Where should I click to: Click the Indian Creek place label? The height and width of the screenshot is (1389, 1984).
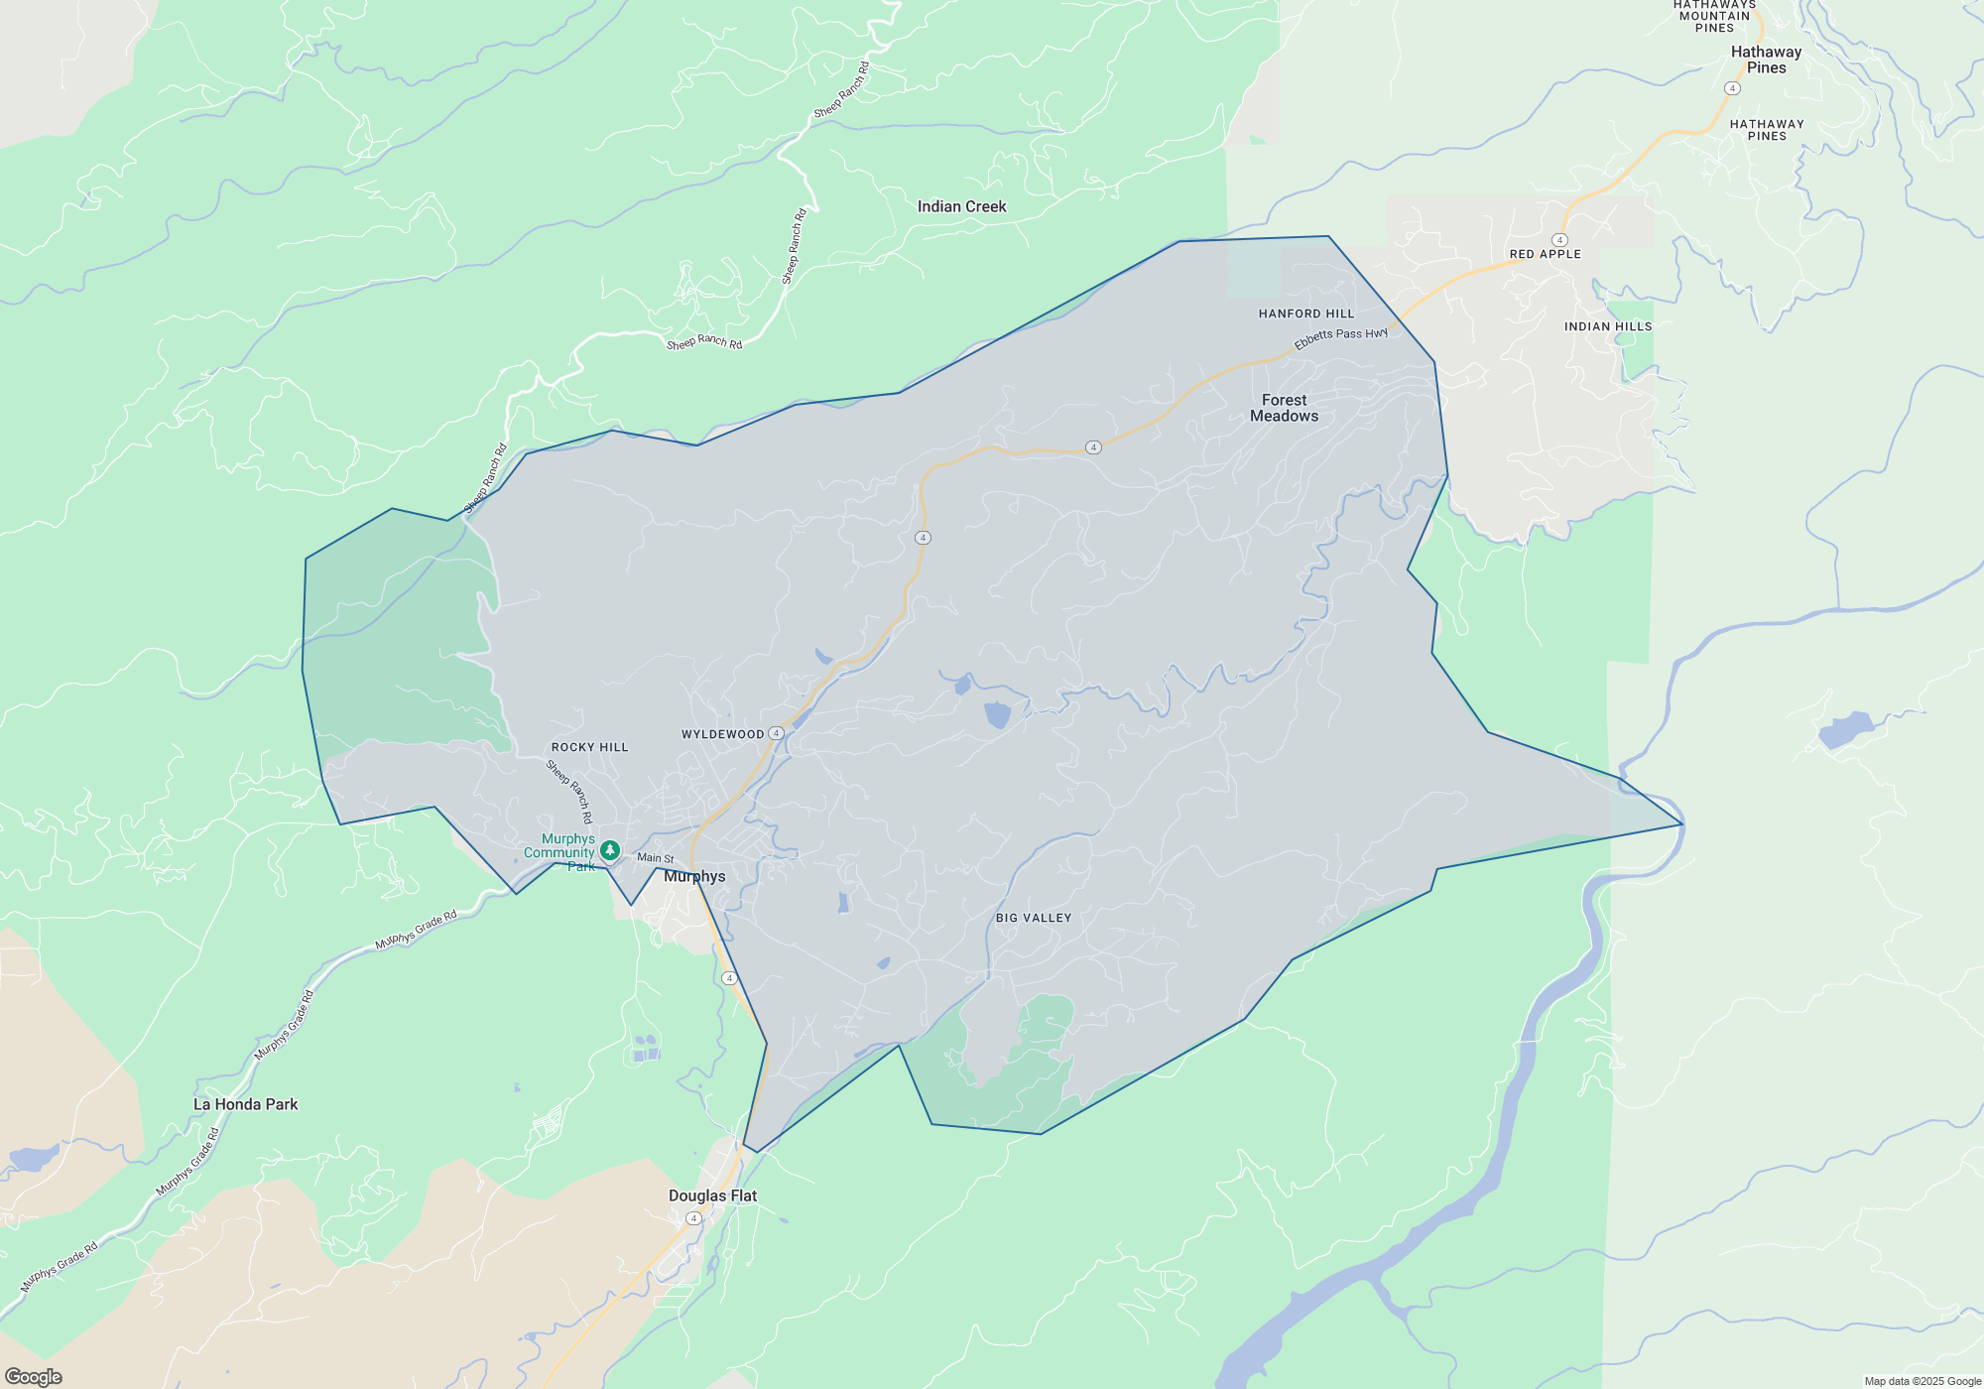(961, 206)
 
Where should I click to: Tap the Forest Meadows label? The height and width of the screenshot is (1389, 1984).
(1284, 408)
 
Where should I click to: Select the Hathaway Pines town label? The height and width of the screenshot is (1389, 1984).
(1766, 60)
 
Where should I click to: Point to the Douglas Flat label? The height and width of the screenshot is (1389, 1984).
(712, 1196)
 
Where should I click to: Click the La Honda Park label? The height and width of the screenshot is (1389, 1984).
(245, 1104)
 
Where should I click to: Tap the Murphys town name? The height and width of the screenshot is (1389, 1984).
(694, 876)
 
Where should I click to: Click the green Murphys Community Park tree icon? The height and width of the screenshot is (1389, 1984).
(610, 850)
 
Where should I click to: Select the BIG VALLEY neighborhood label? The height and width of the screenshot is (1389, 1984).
(1034, 918)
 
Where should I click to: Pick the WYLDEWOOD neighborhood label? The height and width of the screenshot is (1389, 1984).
(722, 734)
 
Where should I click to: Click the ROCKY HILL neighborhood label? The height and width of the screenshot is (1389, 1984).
(589, 747)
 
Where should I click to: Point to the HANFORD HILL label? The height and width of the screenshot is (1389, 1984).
(1305, 314)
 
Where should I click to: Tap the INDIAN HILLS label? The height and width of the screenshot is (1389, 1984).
(1608, 326)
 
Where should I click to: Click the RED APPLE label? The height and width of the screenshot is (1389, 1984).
(1545, 254)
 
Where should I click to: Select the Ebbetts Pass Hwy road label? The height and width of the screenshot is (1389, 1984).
(1341, 337)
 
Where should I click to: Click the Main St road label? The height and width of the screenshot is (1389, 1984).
(655, 857)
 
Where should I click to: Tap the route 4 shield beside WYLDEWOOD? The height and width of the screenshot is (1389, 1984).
(776, 733)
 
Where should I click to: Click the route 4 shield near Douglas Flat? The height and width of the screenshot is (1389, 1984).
(693, 1218)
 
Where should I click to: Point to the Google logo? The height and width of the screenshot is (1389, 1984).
(34, 1376)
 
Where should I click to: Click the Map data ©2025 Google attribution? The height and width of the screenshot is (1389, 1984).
(1922, 1381)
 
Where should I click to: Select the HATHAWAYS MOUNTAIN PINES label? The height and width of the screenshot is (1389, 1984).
(1714, 16)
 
